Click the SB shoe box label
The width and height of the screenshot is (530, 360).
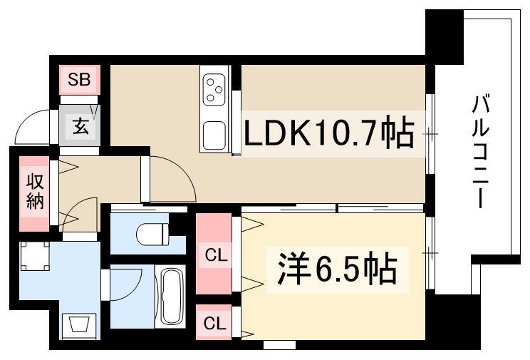coord(79,80)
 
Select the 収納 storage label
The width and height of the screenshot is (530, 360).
coord(35,192)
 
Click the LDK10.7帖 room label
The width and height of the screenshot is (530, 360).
coord(328,133)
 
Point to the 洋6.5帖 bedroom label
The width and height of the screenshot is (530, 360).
coord(337,268)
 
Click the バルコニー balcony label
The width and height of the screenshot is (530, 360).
coord(481,152)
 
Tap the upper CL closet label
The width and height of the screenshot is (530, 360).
coord(216,256)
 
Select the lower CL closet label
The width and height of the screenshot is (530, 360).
coord(214,324)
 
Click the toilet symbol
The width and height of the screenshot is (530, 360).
coord(152,233)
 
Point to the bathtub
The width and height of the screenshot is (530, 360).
coord(170,297)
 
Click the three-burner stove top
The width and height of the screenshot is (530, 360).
coord(214,90)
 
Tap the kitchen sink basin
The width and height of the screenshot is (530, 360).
coord(214,135)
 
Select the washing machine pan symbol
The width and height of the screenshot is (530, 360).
coord(35,256)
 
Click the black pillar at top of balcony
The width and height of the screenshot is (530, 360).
coord(444,36)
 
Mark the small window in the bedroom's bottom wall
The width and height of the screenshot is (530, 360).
coord(279,345)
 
